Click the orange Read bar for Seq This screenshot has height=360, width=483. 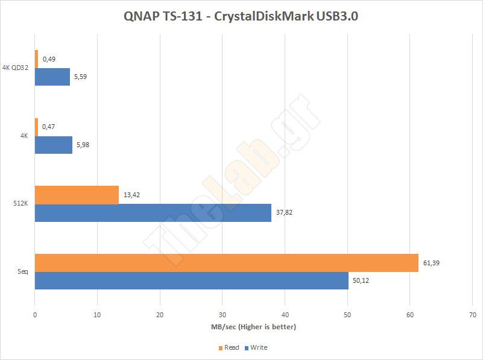226,263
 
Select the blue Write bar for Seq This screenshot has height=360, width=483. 191,280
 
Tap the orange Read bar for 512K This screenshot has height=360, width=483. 77,195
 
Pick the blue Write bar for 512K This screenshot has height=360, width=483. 153,213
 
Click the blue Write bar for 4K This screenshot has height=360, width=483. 53,145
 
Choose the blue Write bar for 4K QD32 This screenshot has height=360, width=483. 52,77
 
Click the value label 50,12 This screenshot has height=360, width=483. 362,280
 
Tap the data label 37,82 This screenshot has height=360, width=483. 285,212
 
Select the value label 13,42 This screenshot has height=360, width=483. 133,195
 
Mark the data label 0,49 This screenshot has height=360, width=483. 49,59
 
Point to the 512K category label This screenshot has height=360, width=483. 21,204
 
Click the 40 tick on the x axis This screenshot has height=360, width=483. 285,315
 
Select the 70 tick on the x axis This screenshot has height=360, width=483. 472,315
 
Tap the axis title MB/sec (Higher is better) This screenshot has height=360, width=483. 253,327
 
